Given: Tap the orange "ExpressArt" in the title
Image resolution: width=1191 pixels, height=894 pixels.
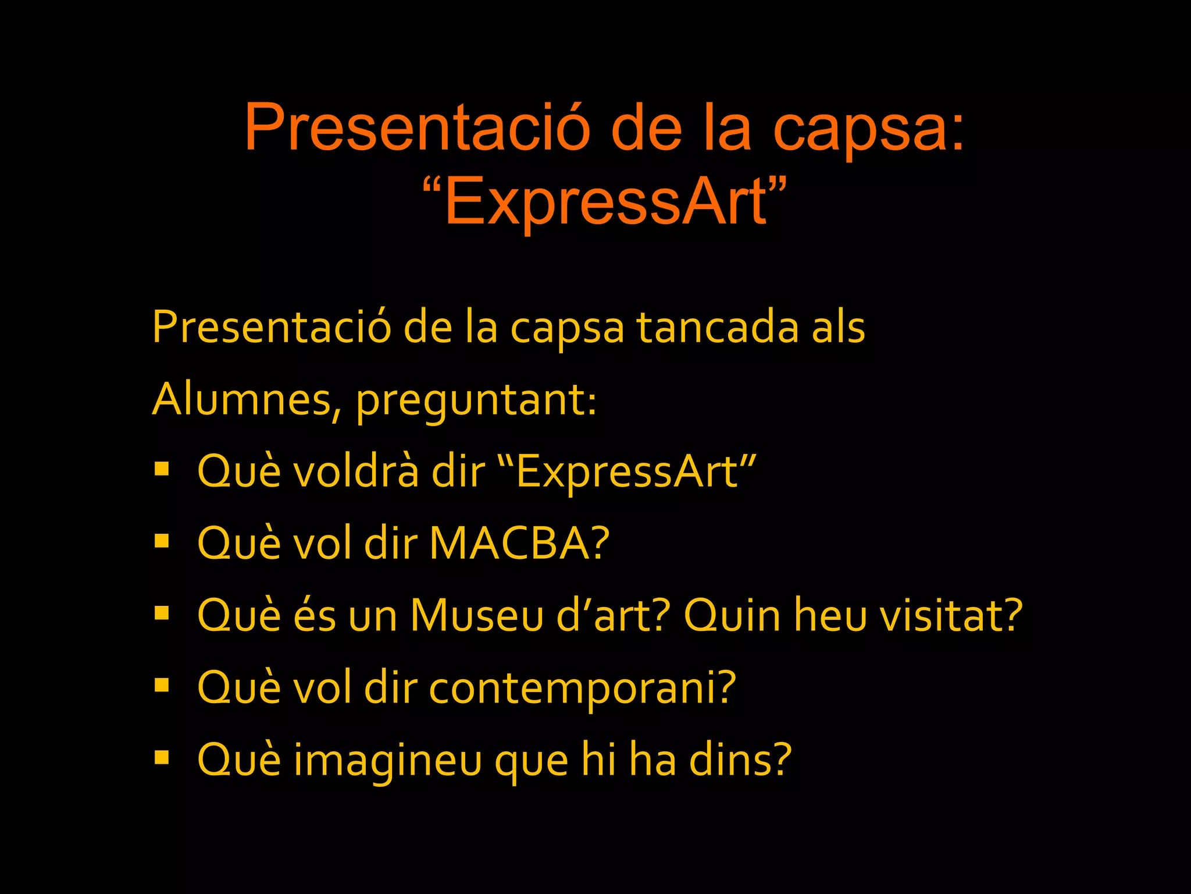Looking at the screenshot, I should click(605, 201).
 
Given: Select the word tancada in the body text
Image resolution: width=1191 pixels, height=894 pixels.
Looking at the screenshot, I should click(718, 328).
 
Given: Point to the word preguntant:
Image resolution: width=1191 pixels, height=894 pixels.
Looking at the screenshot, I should click(476, 402).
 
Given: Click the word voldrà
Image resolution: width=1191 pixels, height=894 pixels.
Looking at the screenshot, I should click(356, 471).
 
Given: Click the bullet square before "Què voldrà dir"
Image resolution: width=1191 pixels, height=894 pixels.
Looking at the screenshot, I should click(162, 469).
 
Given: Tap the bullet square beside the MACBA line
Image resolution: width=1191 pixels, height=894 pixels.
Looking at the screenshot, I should click(162, 541).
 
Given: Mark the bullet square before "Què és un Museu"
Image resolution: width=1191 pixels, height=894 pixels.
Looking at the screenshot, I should click(162, 613).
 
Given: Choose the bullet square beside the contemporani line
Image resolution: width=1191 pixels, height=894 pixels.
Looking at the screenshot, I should click(162, 686).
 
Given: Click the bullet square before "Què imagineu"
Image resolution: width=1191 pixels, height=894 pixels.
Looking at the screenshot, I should click(162, 758).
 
